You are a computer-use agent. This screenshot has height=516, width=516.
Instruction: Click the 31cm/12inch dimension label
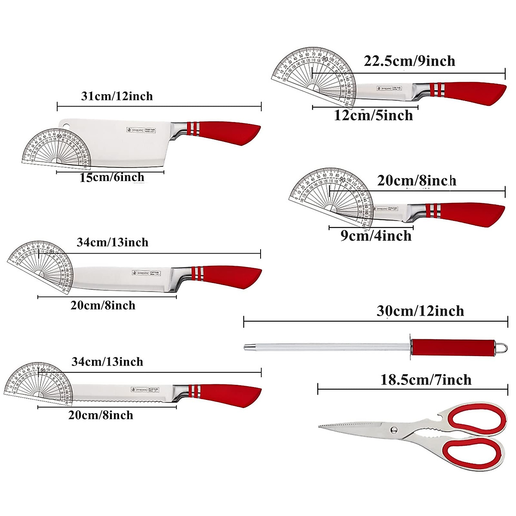tap(117, 96)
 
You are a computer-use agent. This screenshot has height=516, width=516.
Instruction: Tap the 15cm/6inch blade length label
tap(112, 177)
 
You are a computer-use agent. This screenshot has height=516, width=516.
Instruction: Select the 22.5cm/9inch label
tap(409, 61)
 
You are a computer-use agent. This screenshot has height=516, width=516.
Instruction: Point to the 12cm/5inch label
tap(373, 115)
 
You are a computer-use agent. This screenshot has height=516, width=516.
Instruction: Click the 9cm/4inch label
tap(376, 236)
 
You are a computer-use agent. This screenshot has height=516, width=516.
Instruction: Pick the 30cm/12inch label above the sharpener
tap(420, 311)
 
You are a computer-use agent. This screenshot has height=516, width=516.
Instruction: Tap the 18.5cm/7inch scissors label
tap(426, 380)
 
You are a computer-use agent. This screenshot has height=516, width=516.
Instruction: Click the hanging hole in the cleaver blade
tap(66, 126)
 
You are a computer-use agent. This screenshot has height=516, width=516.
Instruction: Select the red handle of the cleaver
tap(232, 133)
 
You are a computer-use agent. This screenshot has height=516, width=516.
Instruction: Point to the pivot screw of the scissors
tap(393, 429)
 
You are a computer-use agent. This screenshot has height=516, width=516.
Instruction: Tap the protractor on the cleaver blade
tap(56, 147)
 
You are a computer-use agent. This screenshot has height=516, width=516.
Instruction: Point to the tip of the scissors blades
tap(320, 426)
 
